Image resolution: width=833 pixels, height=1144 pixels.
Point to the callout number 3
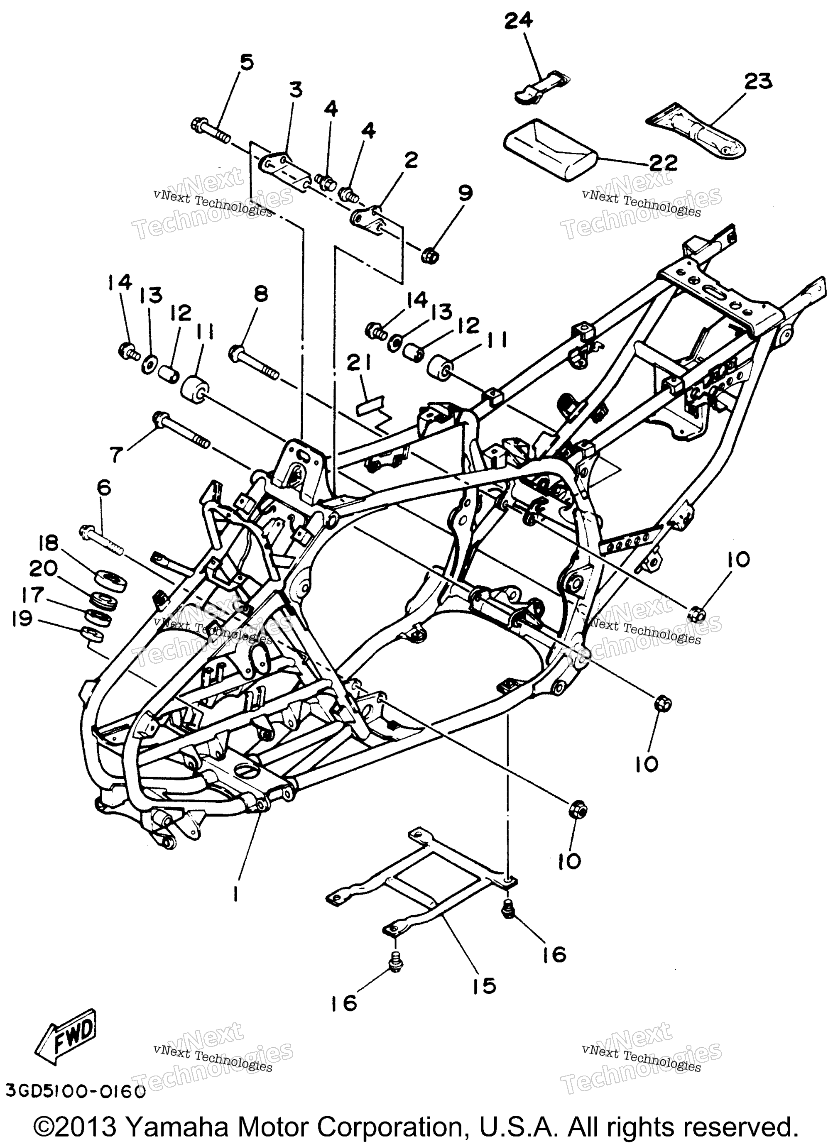296,90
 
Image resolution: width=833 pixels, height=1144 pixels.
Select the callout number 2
411,162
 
